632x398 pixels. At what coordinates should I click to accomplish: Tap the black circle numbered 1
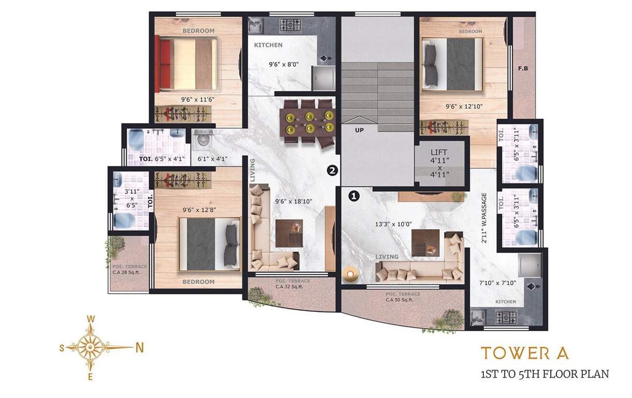(x=354, y=196)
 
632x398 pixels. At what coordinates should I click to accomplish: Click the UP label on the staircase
(x=359, y=131)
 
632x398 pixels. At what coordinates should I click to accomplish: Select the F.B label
(x=523, y=68)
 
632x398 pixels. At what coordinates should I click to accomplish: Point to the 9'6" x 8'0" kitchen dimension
(x=283, y=65)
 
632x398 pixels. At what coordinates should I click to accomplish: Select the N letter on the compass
(x=139, y=348)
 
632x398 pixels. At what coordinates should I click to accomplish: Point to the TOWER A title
(x=525, y=353)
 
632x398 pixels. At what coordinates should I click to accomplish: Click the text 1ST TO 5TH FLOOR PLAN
(x=544, y=374)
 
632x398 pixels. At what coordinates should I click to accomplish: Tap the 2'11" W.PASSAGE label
(x=484, y=218)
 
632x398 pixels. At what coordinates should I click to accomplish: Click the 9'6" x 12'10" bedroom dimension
(x=464, y=106)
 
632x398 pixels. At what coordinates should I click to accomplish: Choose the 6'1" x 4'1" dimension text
(x=209, y=159)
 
